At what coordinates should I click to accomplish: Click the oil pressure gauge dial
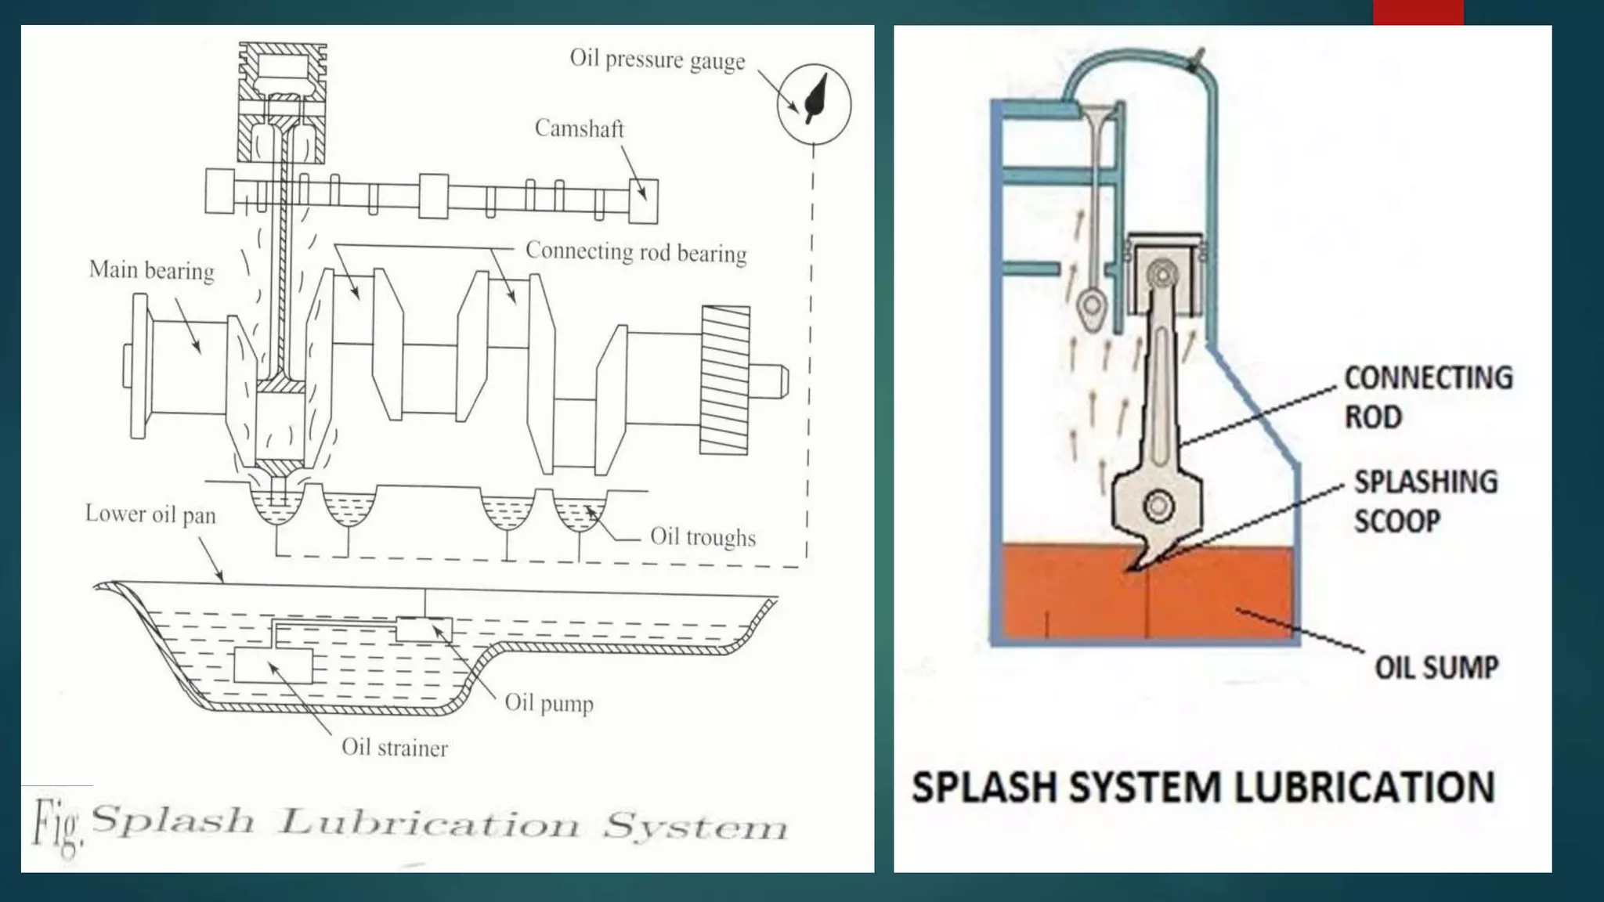coord(814,103)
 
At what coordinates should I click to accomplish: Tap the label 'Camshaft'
coord(579,128)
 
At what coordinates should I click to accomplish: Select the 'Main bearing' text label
coord(151,270)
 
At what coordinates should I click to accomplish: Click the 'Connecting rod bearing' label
coord(635,252)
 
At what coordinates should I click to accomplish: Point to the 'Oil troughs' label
coord(702,537)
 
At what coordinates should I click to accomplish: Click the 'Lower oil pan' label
coord(150,514)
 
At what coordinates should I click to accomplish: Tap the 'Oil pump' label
coord(548,702)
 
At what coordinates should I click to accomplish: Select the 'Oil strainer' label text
coord(394,748)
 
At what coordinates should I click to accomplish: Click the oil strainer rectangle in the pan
coord(273,666)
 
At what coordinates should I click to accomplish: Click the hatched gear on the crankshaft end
coord(724,380)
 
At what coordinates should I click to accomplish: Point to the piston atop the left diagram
coord(282,102)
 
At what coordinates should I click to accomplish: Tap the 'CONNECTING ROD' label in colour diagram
coord(1427,397)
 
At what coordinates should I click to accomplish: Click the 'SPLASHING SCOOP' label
coord(1425,501)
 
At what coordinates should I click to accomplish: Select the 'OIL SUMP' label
coord(1436,668)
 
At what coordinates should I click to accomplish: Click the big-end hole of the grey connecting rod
coord(1158,505)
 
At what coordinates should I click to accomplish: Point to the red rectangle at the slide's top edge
coord(1418,12)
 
